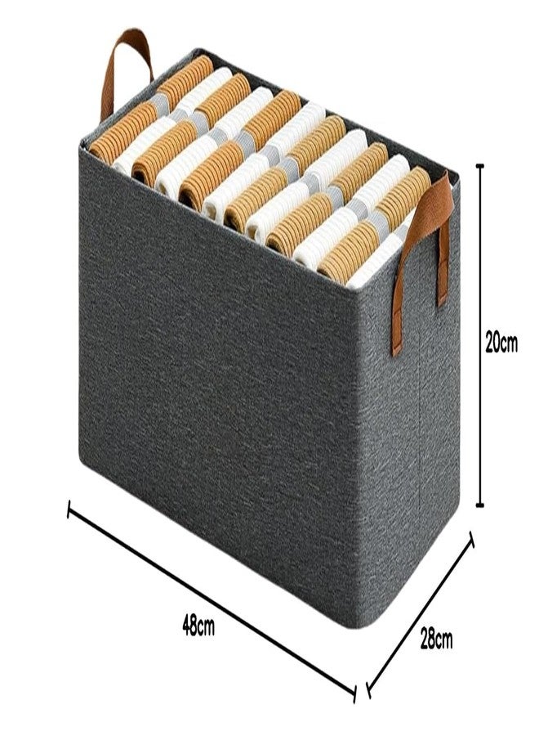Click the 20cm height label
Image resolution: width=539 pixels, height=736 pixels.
point(501,344)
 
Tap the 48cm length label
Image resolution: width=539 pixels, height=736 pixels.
point(198,626)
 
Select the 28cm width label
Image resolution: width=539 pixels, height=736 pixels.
point(436,640)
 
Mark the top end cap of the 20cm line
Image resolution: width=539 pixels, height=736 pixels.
point(479,166)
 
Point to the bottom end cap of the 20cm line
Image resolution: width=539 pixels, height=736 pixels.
point(479,505)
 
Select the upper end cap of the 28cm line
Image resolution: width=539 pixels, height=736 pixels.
point(471,540)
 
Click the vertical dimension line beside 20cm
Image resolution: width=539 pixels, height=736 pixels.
point(479,335)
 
